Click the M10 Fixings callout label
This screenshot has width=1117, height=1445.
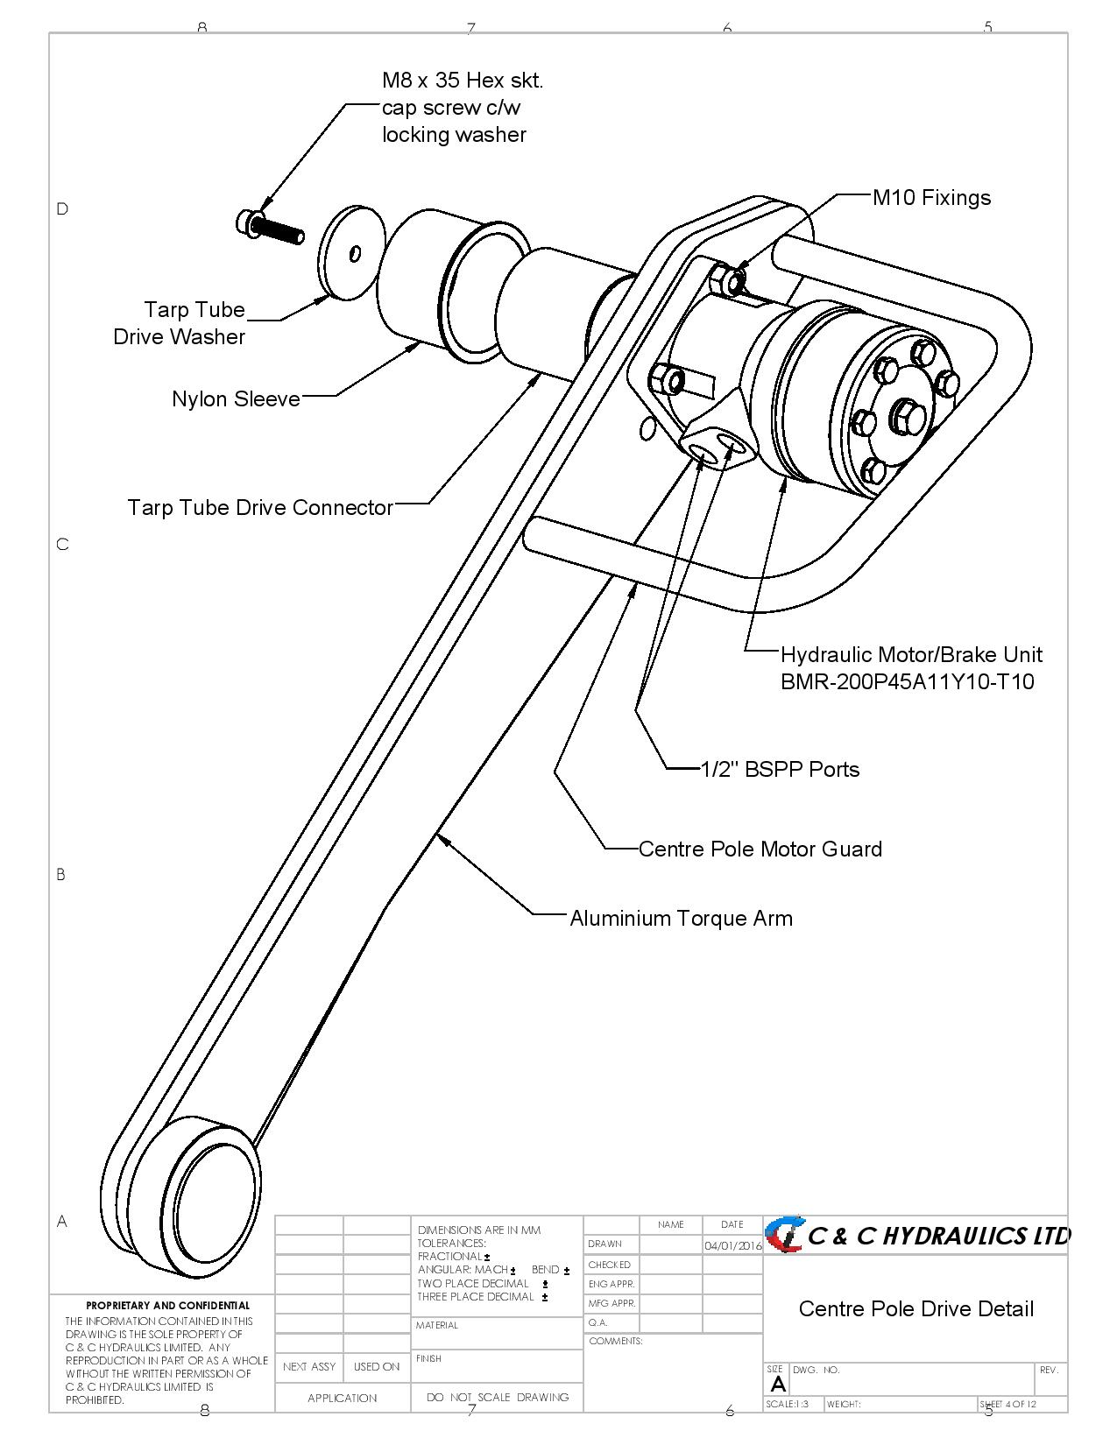click(931, 198)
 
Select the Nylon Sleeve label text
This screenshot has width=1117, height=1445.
click(236, 399)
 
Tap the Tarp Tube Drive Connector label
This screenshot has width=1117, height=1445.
click(260, 508)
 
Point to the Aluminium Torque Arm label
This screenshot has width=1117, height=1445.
click(681, 919)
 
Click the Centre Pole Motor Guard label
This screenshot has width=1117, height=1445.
click(760, 849)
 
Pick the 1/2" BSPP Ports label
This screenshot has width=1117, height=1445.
click(780, 770)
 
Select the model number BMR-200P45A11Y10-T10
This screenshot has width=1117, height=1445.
click(907, 682)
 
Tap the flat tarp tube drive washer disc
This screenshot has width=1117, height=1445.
click(352, 251)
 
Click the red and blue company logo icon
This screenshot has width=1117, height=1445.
click(784, 1235)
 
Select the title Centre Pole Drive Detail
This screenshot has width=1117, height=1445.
click(916, 1309)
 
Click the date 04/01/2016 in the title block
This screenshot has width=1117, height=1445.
click(732, 1245)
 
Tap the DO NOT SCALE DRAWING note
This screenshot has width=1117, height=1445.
click(497, 1398)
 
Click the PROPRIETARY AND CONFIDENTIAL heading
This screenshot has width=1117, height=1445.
click(167, 1306)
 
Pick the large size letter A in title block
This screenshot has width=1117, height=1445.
click(777, 1385)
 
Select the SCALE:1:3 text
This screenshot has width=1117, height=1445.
click(788, 1404)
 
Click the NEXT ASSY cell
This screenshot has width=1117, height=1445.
click(309, 1366)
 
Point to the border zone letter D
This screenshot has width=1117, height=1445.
click(62, 208)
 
